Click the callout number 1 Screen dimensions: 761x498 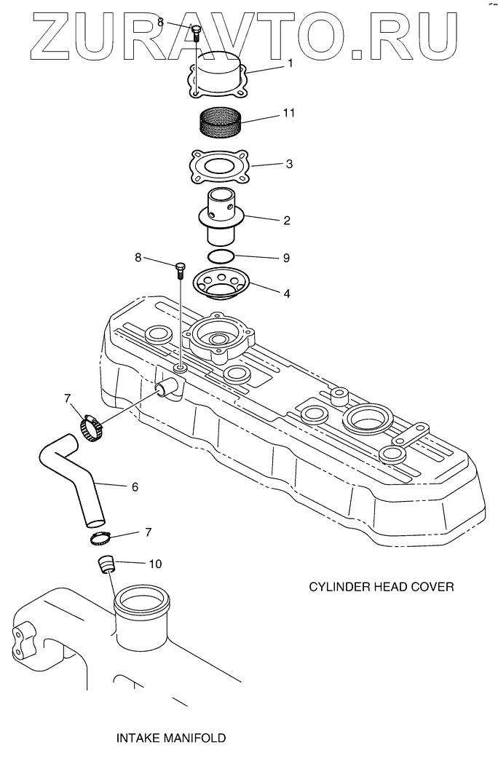tap(290, 63)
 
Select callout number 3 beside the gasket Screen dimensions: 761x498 tap(289, 164)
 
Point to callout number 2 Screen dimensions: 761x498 tap(288, 219)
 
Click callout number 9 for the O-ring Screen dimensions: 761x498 tap(286, 257)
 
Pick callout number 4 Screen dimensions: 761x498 tap(287, 293)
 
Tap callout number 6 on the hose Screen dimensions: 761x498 tap(135, 486)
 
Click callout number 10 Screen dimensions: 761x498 tap(157, 564)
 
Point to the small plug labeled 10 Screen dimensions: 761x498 tap(107, 564)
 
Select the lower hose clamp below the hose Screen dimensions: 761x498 tap(99, 540)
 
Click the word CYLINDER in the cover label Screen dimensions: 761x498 tap(338, 587)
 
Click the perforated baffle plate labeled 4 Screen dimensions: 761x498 tap(221, 283)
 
